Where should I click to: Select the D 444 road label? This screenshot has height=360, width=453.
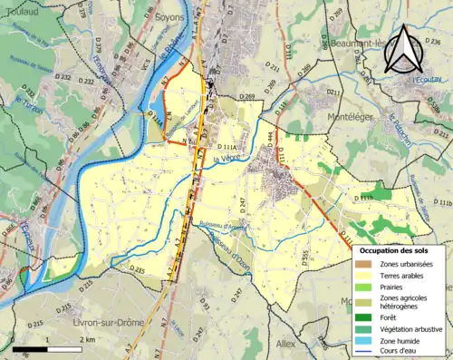(269, 136)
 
